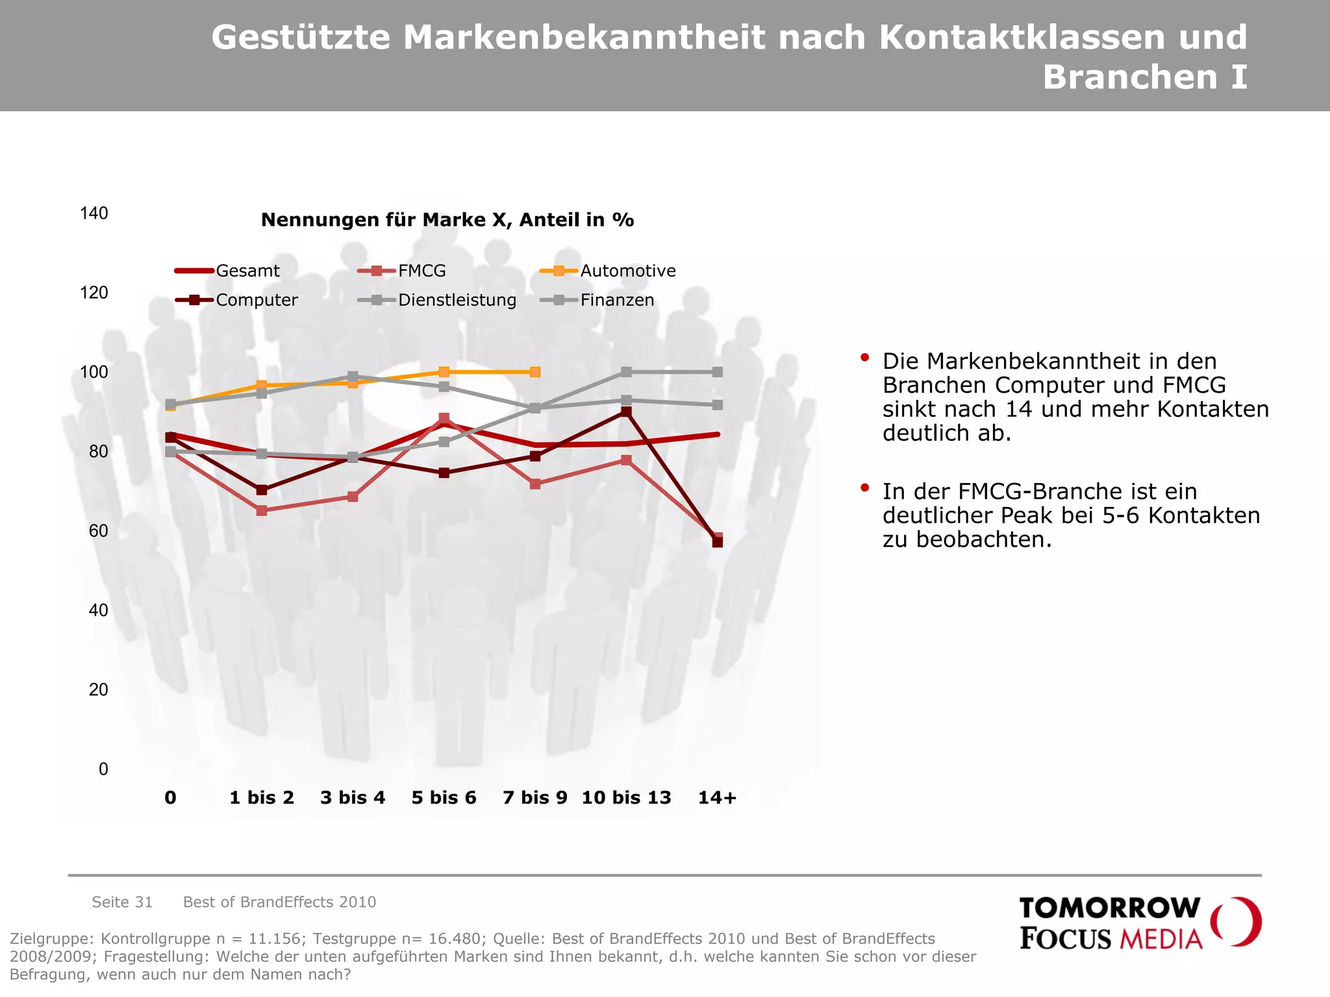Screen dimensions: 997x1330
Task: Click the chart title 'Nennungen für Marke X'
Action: [447, 220]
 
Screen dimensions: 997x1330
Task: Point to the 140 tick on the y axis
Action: [94, 214]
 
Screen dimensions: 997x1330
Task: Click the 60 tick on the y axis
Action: [98, 531]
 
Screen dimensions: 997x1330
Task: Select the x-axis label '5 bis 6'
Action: [444, 798]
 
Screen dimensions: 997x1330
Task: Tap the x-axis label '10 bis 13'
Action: [626, 798]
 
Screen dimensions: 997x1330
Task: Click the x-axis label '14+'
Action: [717, 798]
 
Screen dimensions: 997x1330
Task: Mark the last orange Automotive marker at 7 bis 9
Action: [535, 372]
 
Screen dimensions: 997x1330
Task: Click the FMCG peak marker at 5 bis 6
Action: [444, 419]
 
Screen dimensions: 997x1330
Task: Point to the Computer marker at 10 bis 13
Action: [626, 412]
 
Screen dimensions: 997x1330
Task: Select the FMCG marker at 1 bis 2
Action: [262, 511]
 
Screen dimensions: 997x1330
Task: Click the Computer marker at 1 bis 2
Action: [262, 490]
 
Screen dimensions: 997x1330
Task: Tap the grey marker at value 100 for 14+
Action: [717, 372]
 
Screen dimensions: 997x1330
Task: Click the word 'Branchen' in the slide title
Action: [1129, 77]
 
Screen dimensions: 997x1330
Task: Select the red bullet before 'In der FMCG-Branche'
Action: [864, 487]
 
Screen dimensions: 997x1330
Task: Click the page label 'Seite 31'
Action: [122, 902]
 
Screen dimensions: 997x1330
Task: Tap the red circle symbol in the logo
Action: [1236, 922]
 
